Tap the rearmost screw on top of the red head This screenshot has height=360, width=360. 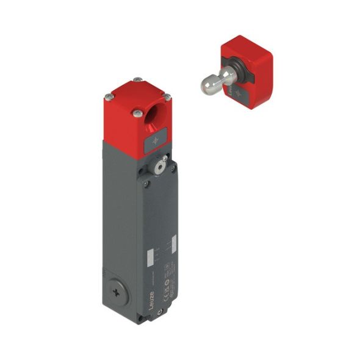click(x=139, y=79)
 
